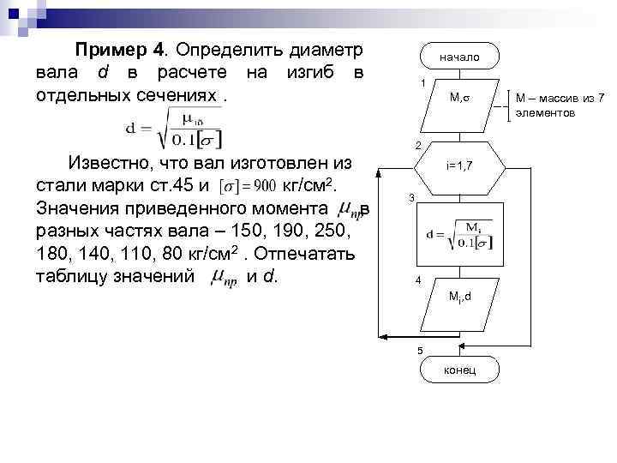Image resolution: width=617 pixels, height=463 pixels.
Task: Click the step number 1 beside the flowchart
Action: (422, 83)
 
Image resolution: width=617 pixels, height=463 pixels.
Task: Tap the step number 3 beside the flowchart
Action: (410, 199)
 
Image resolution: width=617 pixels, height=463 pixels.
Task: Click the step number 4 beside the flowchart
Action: (417, 281)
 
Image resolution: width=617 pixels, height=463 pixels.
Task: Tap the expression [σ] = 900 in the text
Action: (246, 186)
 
